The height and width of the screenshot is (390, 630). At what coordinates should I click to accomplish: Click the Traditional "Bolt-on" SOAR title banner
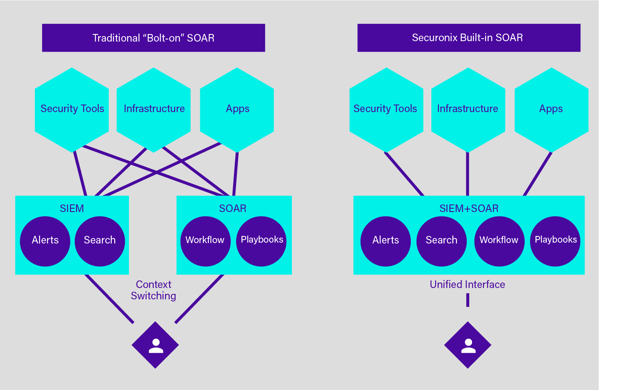point(153,38)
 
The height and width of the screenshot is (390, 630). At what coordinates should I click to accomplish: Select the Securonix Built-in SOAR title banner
point(469,38)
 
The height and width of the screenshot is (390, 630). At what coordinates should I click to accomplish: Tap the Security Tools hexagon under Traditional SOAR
point(72,109)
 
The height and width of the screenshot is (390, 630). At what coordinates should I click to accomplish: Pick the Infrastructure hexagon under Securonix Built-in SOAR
point(468,109)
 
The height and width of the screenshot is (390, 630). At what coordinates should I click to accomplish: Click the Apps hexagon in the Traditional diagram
point(237,109)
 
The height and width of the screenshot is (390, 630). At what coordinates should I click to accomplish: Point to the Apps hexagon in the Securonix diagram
point(551,109)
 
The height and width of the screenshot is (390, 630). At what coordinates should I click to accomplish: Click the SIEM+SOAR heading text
point(469,208)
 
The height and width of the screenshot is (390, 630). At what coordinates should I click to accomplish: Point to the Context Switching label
point(154,290)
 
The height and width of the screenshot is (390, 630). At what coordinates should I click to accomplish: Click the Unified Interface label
point(467,285)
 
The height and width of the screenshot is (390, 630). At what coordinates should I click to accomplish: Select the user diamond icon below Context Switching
point(155,345)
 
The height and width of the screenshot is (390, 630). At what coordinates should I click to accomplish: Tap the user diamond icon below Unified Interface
point(468,345)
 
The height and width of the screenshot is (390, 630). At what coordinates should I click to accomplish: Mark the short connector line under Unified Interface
point(467,300)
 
